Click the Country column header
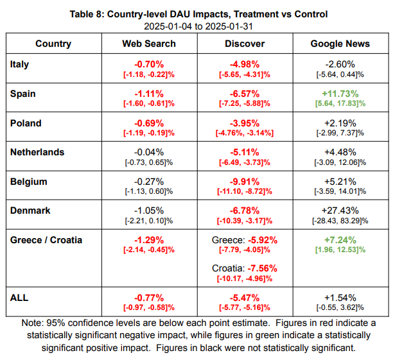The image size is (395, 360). pyautogui.click(x=53, y=44)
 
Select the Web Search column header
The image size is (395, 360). pyautogui.click(x=149, y=44)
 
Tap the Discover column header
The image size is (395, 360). pyautogui.click(x=245, y=44)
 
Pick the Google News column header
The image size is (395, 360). pyautogui.click(x=340, y=44)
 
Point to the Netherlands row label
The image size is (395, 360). pyautogui.click(x=37, y=152)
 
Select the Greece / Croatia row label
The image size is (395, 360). pyautogui.click(x=46, y=240)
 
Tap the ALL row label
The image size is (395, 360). pyautogui.click(x=20, y=297)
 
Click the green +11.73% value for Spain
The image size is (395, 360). pyautogui.click(x=340, y=93)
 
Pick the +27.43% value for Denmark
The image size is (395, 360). pyautogui.click(x=340, y=210)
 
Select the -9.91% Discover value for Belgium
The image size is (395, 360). pyautogui.click(x=245, y=182)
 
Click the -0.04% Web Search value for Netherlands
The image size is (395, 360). pyautogui.click(x=149, y=152)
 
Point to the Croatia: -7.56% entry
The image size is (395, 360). pyautogui.click(x=245, y=268)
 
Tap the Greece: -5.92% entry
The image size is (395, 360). pyautogui.click(x=245, y=241)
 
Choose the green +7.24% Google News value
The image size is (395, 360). pyautogui.click(x=340, y=240)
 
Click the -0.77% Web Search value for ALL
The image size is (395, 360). pyautogui.click(x=149, y=297)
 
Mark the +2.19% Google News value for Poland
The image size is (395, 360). pyautogui.click(x=340, y=123)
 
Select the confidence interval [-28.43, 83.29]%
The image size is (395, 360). pyautogui.click(x=340, y=221)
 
